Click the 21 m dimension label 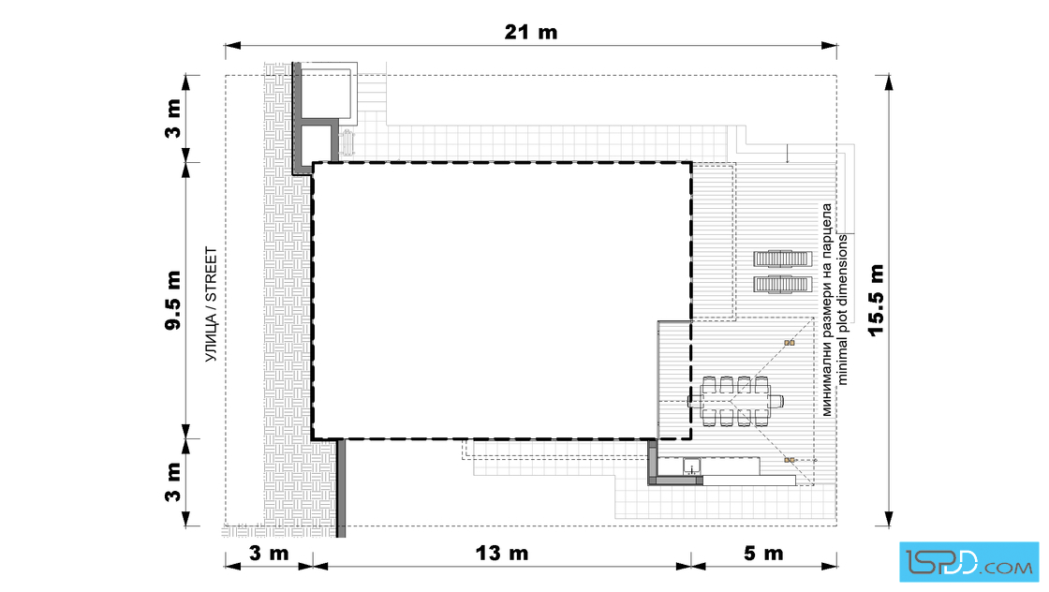[530, 32]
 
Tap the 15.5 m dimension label [876, 301]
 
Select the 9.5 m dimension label [173, 301]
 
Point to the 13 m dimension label [502, 554]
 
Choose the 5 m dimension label [763, 554]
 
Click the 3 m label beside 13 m [269, 554]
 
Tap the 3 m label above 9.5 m [173, 118]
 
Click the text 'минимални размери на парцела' [827, 310]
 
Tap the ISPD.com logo [968, 562]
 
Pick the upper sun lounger [783, 259]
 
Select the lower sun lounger [783, 285]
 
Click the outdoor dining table [735, 401]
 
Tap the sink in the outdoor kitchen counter [692, 466]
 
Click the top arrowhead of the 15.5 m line [889, 81]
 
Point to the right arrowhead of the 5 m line [829, 566]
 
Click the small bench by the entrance [347, 143]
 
